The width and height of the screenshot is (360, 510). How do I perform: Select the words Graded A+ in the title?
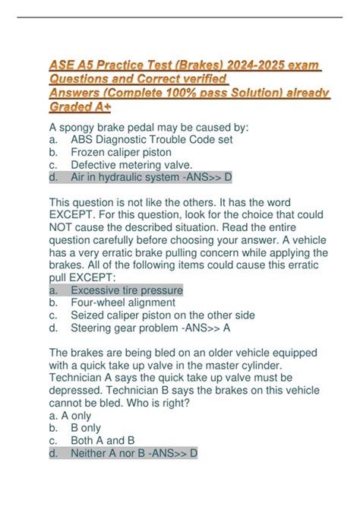coord(84,108)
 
